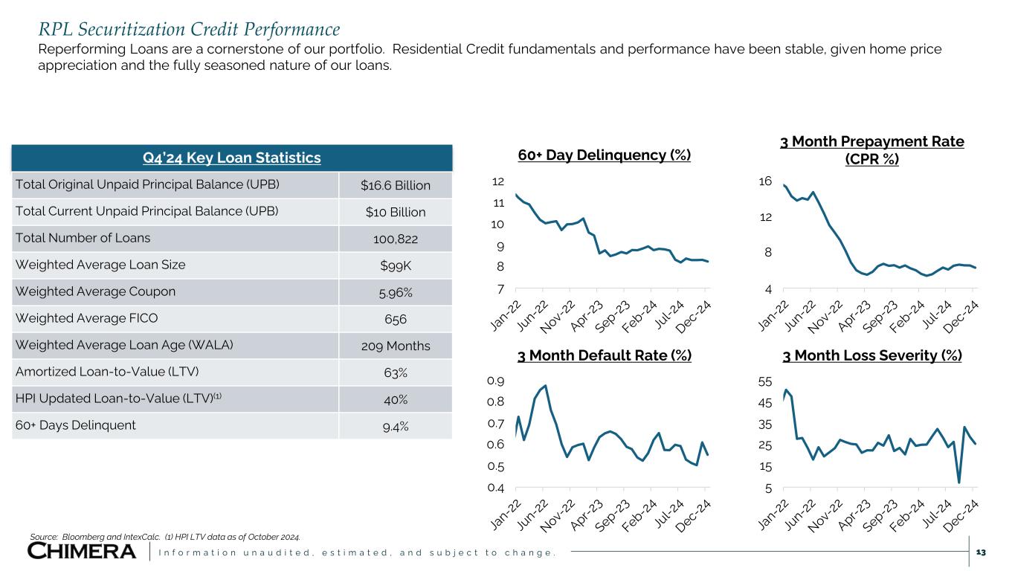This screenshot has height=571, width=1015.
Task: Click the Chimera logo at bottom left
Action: tap(82, 551)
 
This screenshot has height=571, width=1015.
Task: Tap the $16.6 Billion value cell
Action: tap(396, 184)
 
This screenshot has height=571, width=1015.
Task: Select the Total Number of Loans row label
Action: tap(83, 238)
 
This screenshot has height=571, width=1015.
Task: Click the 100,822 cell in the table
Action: tap(396, 239)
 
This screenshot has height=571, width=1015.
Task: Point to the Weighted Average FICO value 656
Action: tap(396, 319)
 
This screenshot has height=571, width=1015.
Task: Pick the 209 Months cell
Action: tap(396, 346)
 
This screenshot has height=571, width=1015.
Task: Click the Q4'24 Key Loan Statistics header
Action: tap(231, 158)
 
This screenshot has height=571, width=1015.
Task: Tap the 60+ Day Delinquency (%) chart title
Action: tap(604, 155)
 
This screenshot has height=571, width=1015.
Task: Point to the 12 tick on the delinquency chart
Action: tap(497, 181)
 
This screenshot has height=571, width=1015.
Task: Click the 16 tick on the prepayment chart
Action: tap(764, 181)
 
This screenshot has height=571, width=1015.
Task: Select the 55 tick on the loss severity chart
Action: tap(764, 381)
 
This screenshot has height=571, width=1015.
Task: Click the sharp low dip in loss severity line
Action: tap(959, 483)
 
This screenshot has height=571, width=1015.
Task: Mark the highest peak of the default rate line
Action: tap(546, 385)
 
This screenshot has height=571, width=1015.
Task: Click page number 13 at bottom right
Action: tap(980, 552)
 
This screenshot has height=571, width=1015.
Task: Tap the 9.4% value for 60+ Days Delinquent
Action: tap(396, 426)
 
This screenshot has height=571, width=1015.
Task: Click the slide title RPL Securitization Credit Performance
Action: tap(189, 30)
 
